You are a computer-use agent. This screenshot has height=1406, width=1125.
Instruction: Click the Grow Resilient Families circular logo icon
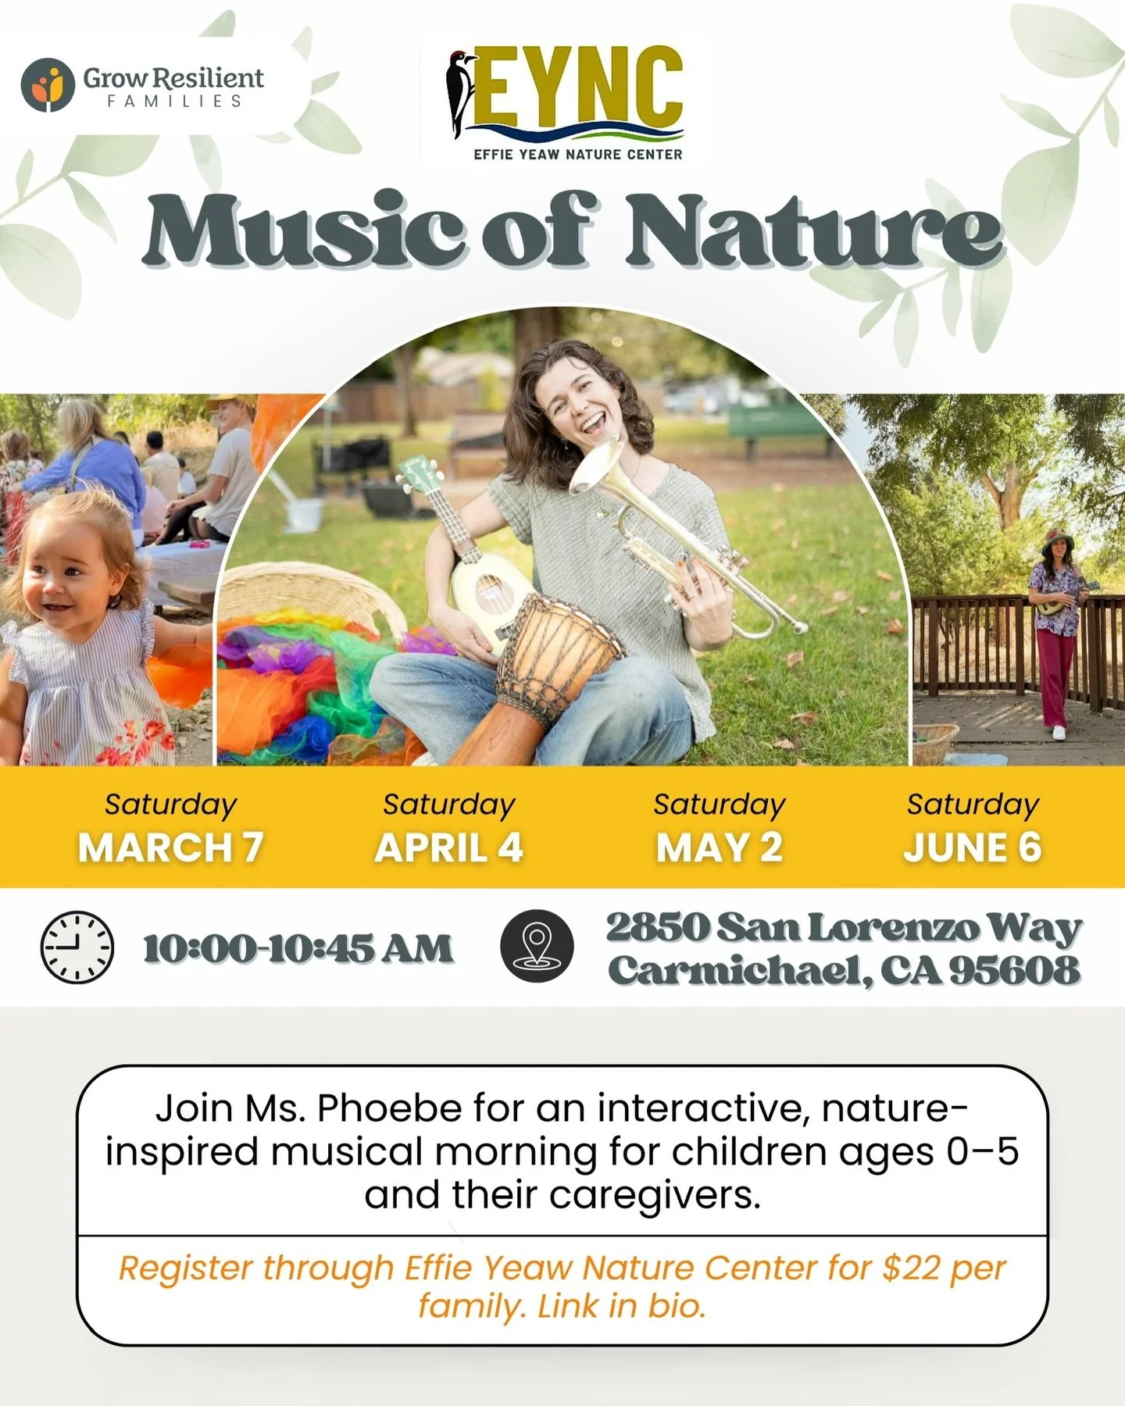pyautogui.click(x=48, y=84)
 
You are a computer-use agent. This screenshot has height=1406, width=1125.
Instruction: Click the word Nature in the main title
pyautogui.click(x=812, y=230)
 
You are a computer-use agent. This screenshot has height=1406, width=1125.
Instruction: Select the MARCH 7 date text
pyautogui.click(x=170, y=848)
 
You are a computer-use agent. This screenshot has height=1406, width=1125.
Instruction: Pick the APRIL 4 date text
pyautogui.click(x=448, y=848)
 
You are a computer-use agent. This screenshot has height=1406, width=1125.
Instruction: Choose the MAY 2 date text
pyautogui.click(x=719, y=848)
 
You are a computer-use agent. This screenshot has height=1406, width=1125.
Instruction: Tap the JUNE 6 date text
pyautogui.click(x=973, y=848)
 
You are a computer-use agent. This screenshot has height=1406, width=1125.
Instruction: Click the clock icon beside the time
pyautogui.click(x=77, y=947)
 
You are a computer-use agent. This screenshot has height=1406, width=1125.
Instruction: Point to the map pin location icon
pyautogui.click(x=537, y=946)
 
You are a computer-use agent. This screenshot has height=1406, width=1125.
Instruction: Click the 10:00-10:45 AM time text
pyautogui.click(x=298, y=948)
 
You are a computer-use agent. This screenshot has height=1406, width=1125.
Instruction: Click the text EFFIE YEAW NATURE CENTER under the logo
pyautogui.click(x=577, y=155)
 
